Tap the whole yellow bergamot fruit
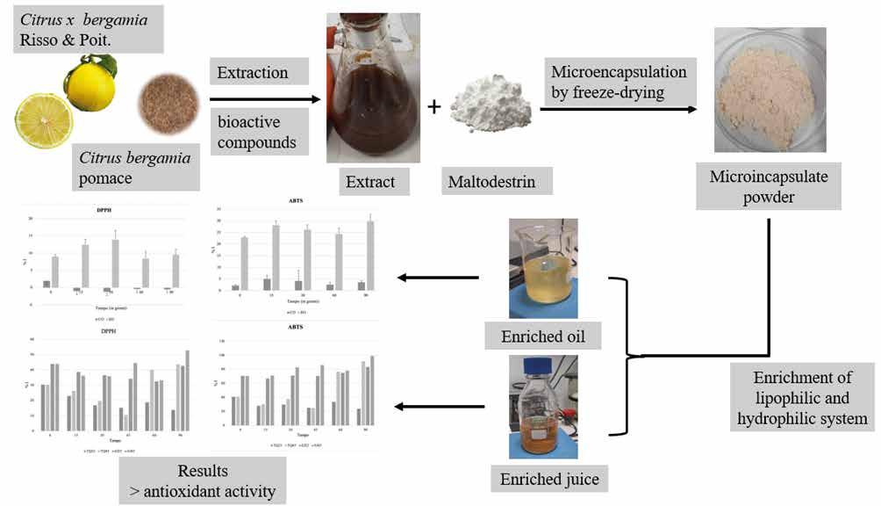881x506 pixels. (90, 84)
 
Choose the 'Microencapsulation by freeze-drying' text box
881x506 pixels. (618, 80)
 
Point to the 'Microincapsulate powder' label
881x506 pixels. (768, 186)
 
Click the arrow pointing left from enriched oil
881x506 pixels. (438, 278)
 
